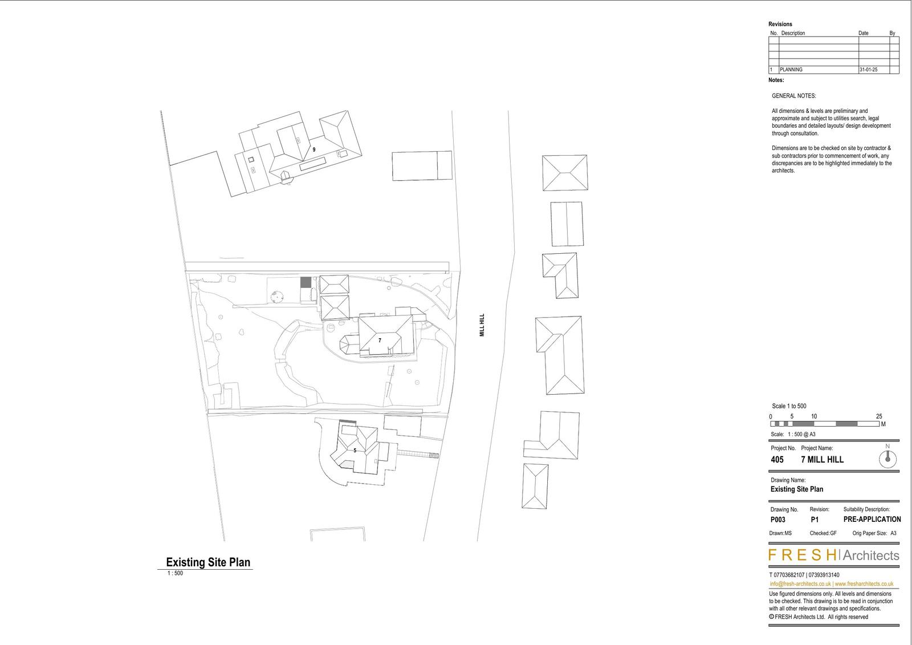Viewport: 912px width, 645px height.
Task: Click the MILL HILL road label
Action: tap(482, 324)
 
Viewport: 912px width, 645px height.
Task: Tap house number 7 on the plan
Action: tap(380, 340)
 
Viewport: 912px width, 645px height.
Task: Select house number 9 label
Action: tap(313, 149)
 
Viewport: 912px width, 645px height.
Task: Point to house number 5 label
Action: tap(355, 451)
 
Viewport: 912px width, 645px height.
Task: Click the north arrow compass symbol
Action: tap(887, 459)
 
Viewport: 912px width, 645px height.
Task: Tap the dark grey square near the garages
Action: tap(306, 282)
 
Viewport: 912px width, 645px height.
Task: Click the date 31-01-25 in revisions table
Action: tap(868, 70)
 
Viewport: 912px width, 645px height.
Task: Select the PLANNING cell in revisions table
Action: tap(791, 70)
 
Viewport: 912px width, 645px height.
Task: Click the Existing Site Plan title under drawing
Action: tap(208, 562)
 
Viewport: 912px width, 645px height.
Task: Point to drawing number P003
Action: tap(777, 520)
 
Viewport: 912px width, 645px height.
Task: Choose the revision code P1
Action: tap(815, 520)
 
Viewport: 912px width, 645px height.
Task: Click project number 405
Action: tap(777, 460)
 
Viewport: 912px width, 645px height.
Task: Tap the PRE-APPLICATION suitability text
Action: tap(872, 520)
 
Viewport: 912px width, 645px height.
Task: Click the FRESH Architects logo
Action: tap(833, 555)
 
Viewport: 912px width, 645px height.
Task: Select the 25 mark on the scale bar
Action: tap(879, 417)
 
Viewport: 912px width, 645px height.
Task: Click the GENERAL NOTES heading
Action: tap(793, 96)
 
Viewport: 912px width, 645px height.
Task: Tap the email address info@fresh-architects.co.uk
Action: tap(800, 584)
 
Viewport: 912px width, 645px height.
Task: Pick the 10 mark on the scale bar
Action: tap(814, 417)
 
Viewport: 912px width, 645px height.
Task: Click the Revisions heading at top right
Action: tap(780, 25)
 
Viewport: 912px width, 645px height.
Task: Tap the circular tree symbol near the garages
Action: tap(278, 297)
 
